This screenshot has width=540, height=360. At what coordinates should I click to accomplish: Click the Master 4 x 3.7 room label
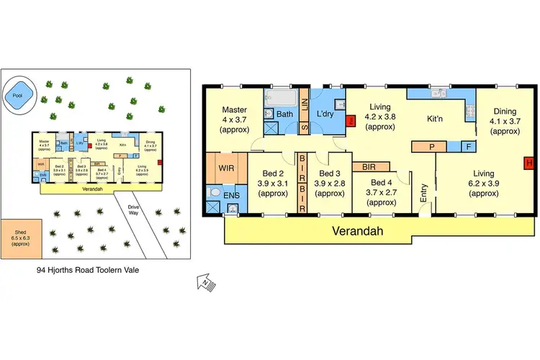pyautogui.click(x=233, y=120)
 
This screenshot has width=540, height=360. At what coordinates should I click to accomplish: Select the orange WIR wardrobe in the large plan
pyautogui.click(x=226, y=168)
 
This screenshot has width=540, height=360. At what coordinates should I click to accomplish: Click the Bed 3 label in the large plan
pyautogui.click(x=329, y=183)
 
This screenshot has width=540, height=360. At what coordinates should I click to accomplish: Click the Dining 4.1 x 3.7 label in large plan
pyautogui.click(x=505, y=121)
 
